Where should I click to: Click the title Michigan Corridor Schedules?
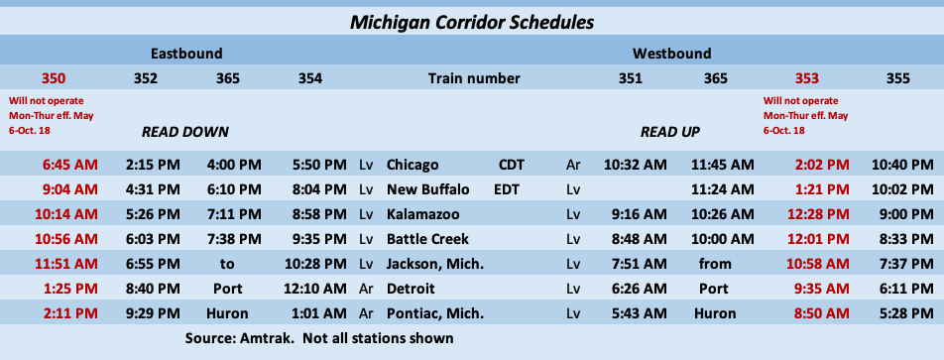[472, 20]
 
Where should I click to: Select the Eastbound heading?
[186, 53]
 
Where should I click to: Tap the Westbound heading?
[671, 53]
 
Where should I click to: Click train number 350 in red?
[55, 78]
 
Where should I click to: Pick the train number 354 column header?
[309, 78]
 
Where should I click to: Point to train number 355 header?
[897, 78]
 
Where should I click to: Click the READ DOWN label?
[185, 131]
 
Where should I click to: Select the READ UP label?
[672, 131]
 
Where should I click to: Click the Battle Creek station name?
[427, 238]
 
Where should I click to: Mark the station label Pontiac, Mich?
[435, 312]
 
